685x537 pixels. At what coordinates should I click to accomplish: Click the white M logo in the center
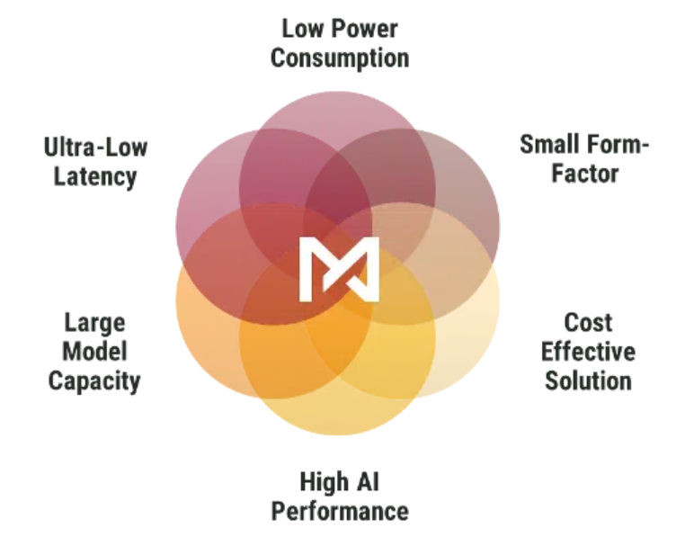pyautogui.click(x=339, y=269)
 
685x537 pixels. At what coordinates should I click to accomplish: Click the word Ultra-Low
pyautogui.click(x=95, y=148)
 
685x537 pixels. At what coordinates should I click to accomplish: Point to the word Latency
pyautogui.click(x=95, y=177)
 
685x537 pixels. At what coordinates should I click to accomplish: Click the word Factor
pyautogui.click(x=585, y=174)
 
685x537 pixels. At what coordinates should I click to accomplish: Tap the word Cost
pyautogui.click(x=588, y=323)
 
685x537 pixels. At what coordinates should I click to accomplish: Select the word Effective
pyautogui.click(x=588, y=352)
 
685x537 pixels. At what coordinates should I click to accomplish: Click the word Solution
pyautogui.click(x=588, y=380)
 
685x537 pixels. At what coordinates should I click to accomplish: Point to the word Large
pyautogui.click(x=94, y=324)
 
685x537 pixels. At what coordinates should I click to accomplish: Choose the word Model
pyautogui.click(x=94, y=352)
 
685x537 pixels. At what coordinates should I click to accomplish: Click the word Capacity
pyautogui.click(x=94, y=381)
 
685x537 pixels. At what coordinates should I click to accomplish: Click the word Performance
pyautogui.click(x=340, y=512)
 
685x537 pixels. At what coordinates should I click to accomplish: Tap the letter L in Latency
pyautogui.click(x=60, y=175)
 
